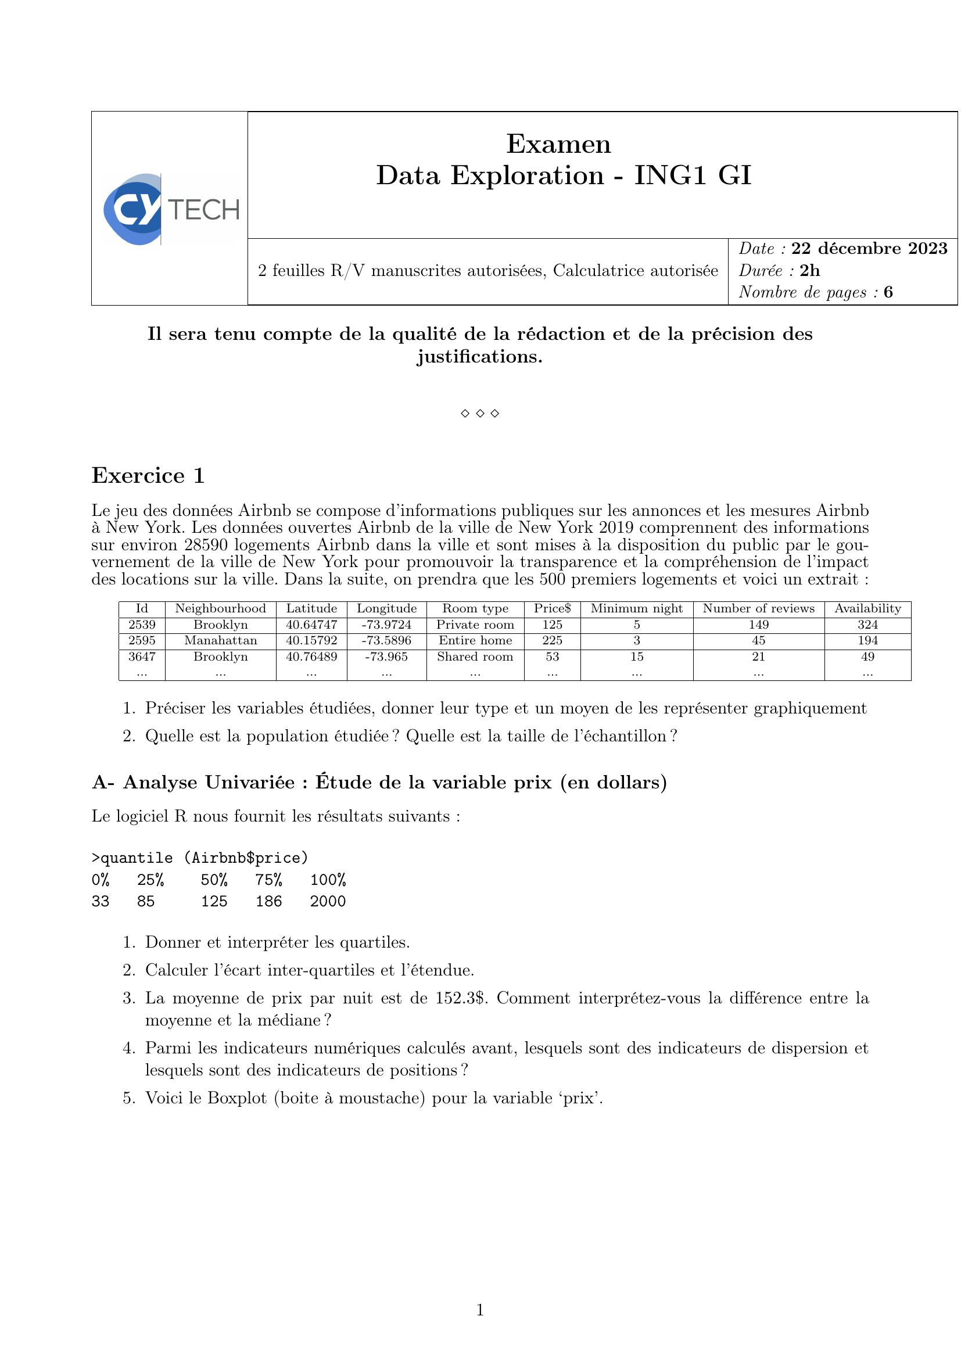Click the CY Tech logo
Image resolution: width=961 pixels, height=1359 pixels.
170,210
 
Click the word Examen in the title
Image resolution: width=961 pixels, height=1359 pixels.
558,144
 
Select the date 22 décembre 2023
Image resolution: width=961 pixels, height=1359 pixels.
869,249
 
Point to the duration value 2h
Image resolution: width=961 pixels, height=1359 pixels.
809,271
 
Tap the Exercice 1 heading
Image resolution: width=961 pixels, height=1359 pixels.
148,476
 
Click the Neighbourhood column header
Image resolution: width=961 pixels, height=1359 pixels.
220,608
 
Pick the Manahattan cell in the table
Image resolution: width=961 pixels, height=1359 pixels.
220,640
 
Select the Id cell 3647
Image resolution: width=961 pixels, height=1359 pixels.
142,657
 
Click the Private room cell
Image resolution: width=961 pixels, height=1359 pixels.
475,625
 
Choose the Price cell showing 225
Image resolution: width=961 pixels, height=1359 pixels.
552,640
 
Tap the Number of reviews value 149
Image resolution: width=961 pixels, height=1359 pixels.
758,625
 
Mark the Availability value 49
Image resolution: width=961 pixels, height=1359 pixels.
867,657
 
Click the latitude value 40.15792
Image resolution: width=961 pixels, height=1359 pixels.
311,640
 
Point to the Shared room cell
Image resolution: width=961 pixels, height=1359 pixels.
475,657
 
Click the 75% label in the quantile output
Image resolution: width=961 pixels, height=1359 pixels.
268,880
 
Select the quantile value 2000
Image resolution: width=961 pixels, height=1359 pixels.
328,902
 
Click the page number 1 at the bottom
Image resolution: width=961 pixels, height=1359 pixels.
480,1310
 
